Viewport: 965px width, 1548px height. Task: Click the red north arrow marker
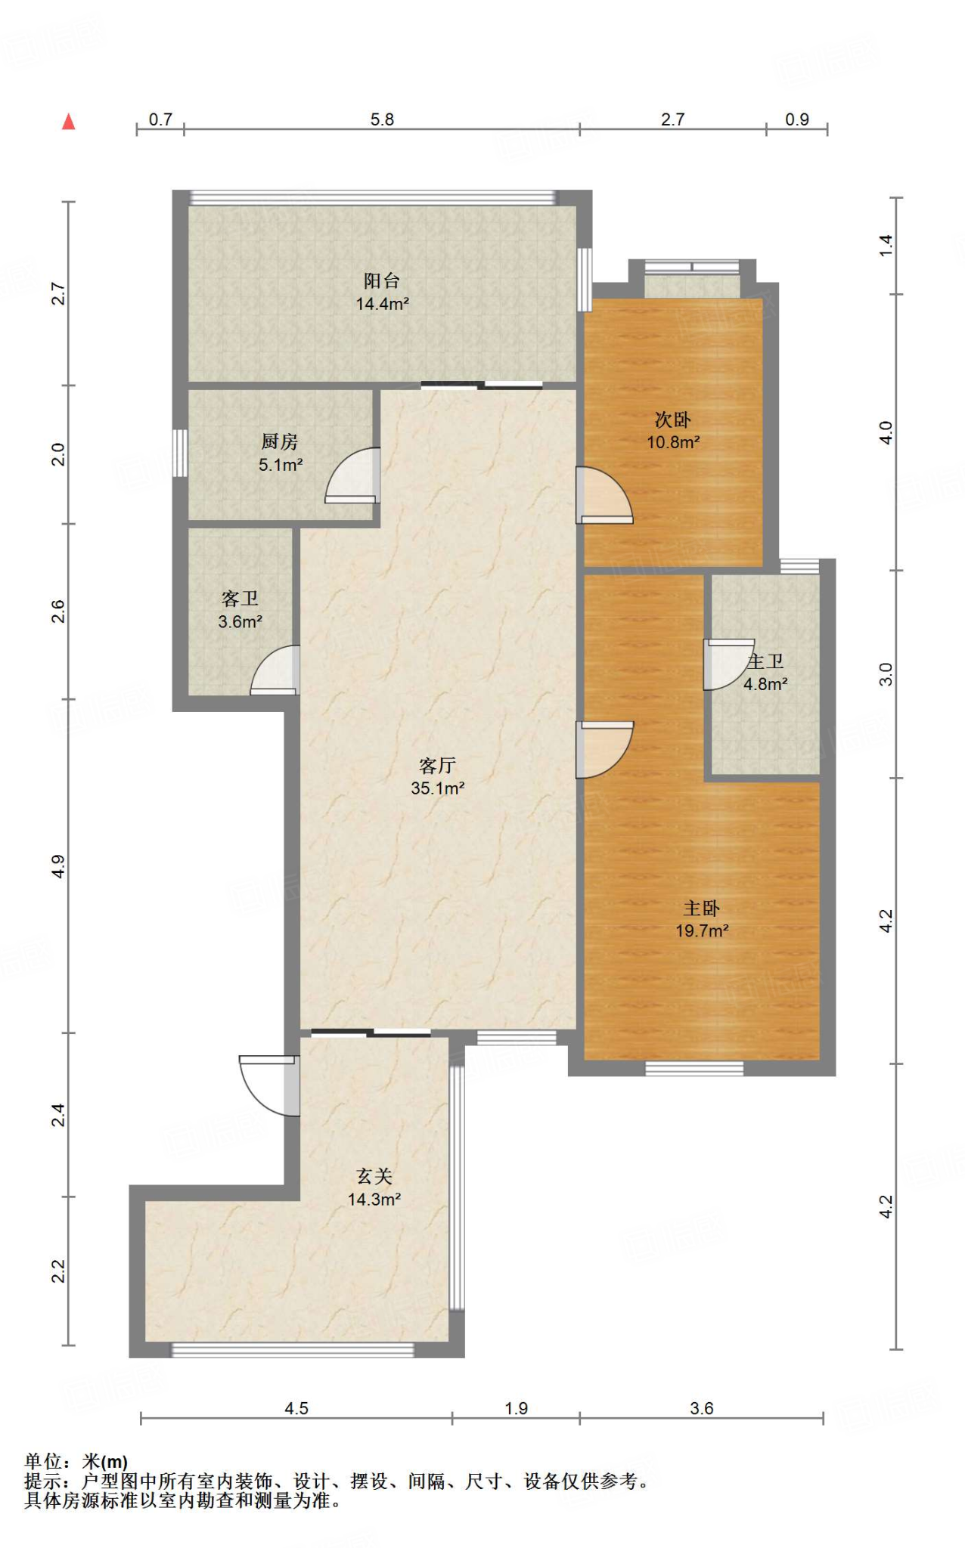pos(68,121)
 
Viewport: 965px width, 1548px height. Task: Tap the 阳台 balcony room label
pos(382,281)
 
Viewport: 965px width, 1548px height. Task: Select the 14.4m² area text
pos(383,304)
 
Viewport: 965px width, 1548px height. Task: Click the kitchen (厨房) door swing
pos(352,475)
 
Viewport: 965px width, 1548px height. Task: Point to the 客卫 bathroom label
pos(240,599)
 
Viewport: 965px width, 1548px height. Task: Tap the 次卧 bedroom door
pos(604,496)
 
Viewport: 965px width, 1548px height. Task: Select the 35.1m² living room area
pos(437,788)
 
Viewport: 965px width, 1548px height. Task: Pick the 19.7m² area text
pos(702,930)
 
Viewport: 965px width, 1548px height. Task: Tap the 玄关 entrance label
pos(374,1176)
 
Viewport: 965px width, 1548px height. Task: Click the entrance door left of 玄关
pos(269,1085)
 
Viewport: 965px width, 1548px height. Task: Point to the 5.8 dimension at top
pos(382,119)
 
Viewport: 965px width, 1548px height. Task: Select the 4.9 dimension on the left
pos(58,866)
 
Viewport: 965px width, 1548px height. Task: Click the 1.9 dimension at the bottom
pos(516,1408)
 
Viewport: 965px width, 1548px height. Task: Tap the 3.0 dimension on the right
pos(886,674)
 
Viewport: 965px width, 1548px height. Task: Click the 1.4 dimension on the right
pos(886,246)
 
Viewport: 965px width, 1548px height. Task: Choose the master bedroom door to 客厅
pos(605,750)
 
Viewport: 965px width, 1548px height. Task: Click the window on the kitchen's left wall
pos(180,453)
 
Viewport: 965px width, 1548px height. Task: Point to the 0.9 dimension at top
pos(797,119)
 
